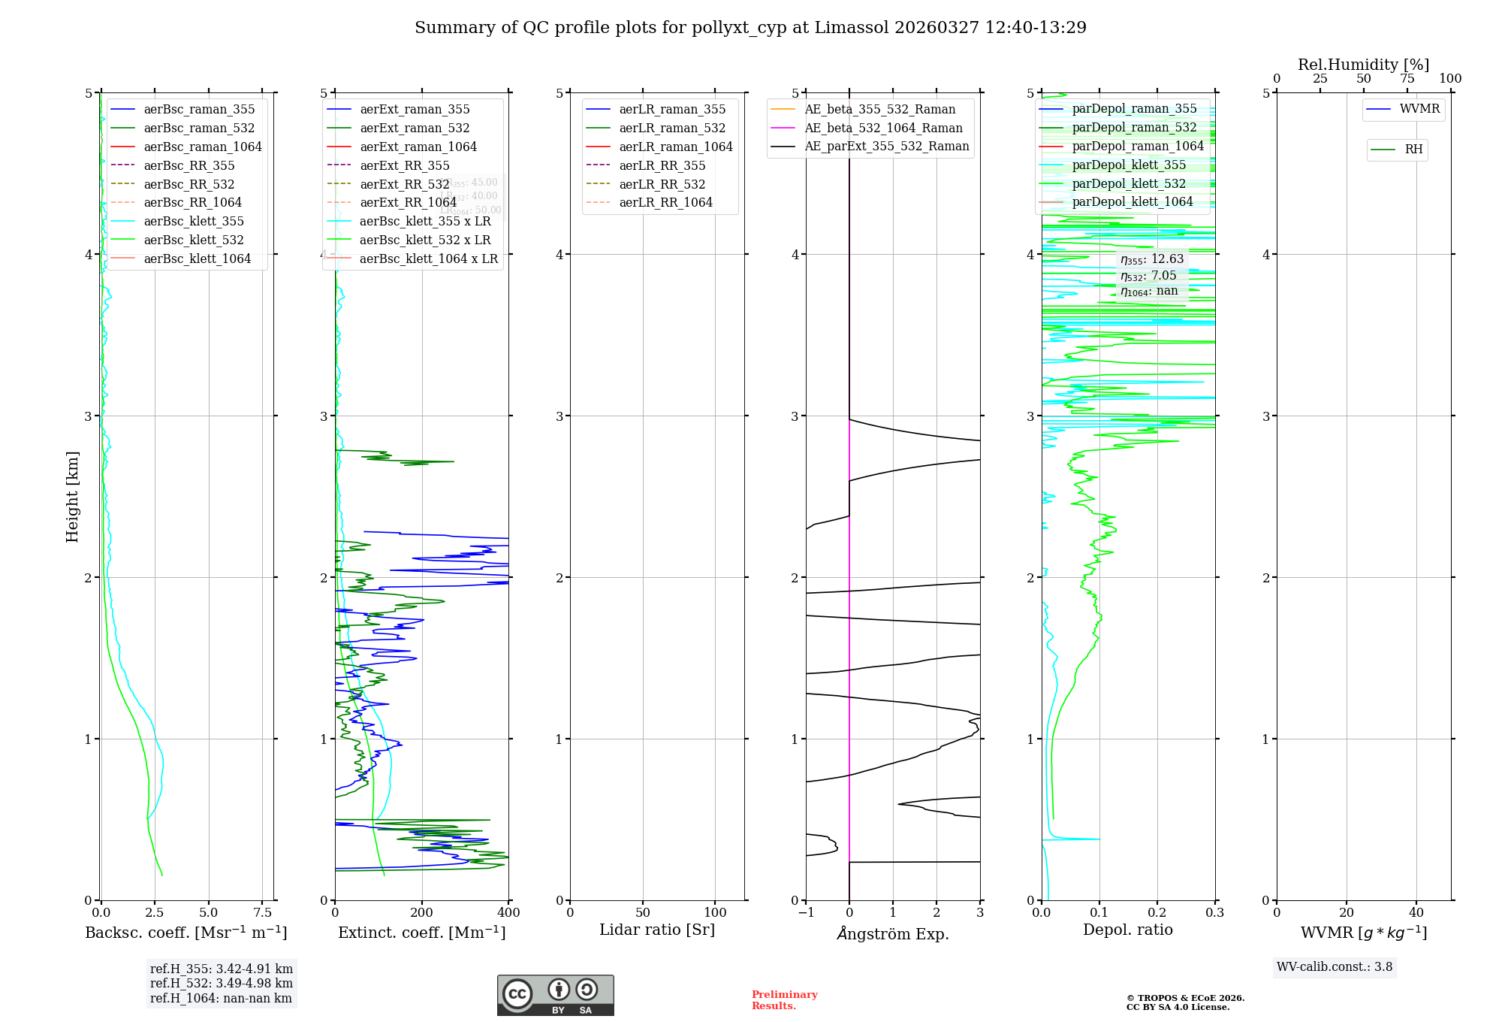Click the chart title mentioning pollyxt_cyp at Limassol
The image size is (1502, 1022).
(x=750, y=28)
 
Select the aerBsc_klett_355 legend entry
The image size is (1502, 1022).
(x=194, y=221)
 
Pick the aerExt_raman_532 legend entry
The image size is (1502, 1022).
(x=415, y=128)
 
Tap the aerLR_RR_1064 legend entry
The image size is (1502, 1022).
(x=665, y=202)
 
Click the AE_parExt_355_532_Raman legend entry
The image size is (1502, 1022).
(x=886, y=146)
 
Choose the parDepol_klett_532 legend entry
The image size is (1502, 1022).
(x=1129, y=183)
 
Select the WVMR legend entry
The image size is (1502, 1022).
(x=1419, y=109)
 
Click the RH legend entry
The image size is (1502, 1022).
(x=1413, y=150)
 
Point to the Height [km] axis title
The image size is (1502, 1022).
(x=72, y=496)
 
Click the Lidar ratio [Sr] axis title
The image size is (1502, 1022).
(x=657, y=930)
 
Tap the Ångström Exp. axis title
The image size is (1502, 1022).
(x=893, y=933)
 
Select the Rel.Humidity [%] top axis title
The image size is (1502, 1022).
(x=1363, y=65)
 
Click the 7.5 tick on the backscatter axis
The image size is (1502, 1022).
(x=262, y=912)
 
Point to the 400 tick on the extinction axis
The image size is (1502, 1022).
(x=508, y=912)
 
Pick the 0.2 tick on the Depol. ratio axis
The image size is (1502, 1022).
(x=1157, y=912)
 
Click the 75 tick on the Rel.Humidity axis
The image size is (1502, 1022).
(x=1407, y=79)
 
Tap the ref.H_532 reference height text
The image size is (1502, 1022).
(x=222, y=983)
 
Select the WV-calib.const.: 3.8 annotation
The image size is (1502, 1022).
(x=1335, y=966)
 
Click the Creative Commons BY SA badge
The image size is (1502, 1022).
(x=555, y=995)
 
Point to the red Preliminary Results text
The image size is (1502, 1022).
(x=784, y=999)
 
